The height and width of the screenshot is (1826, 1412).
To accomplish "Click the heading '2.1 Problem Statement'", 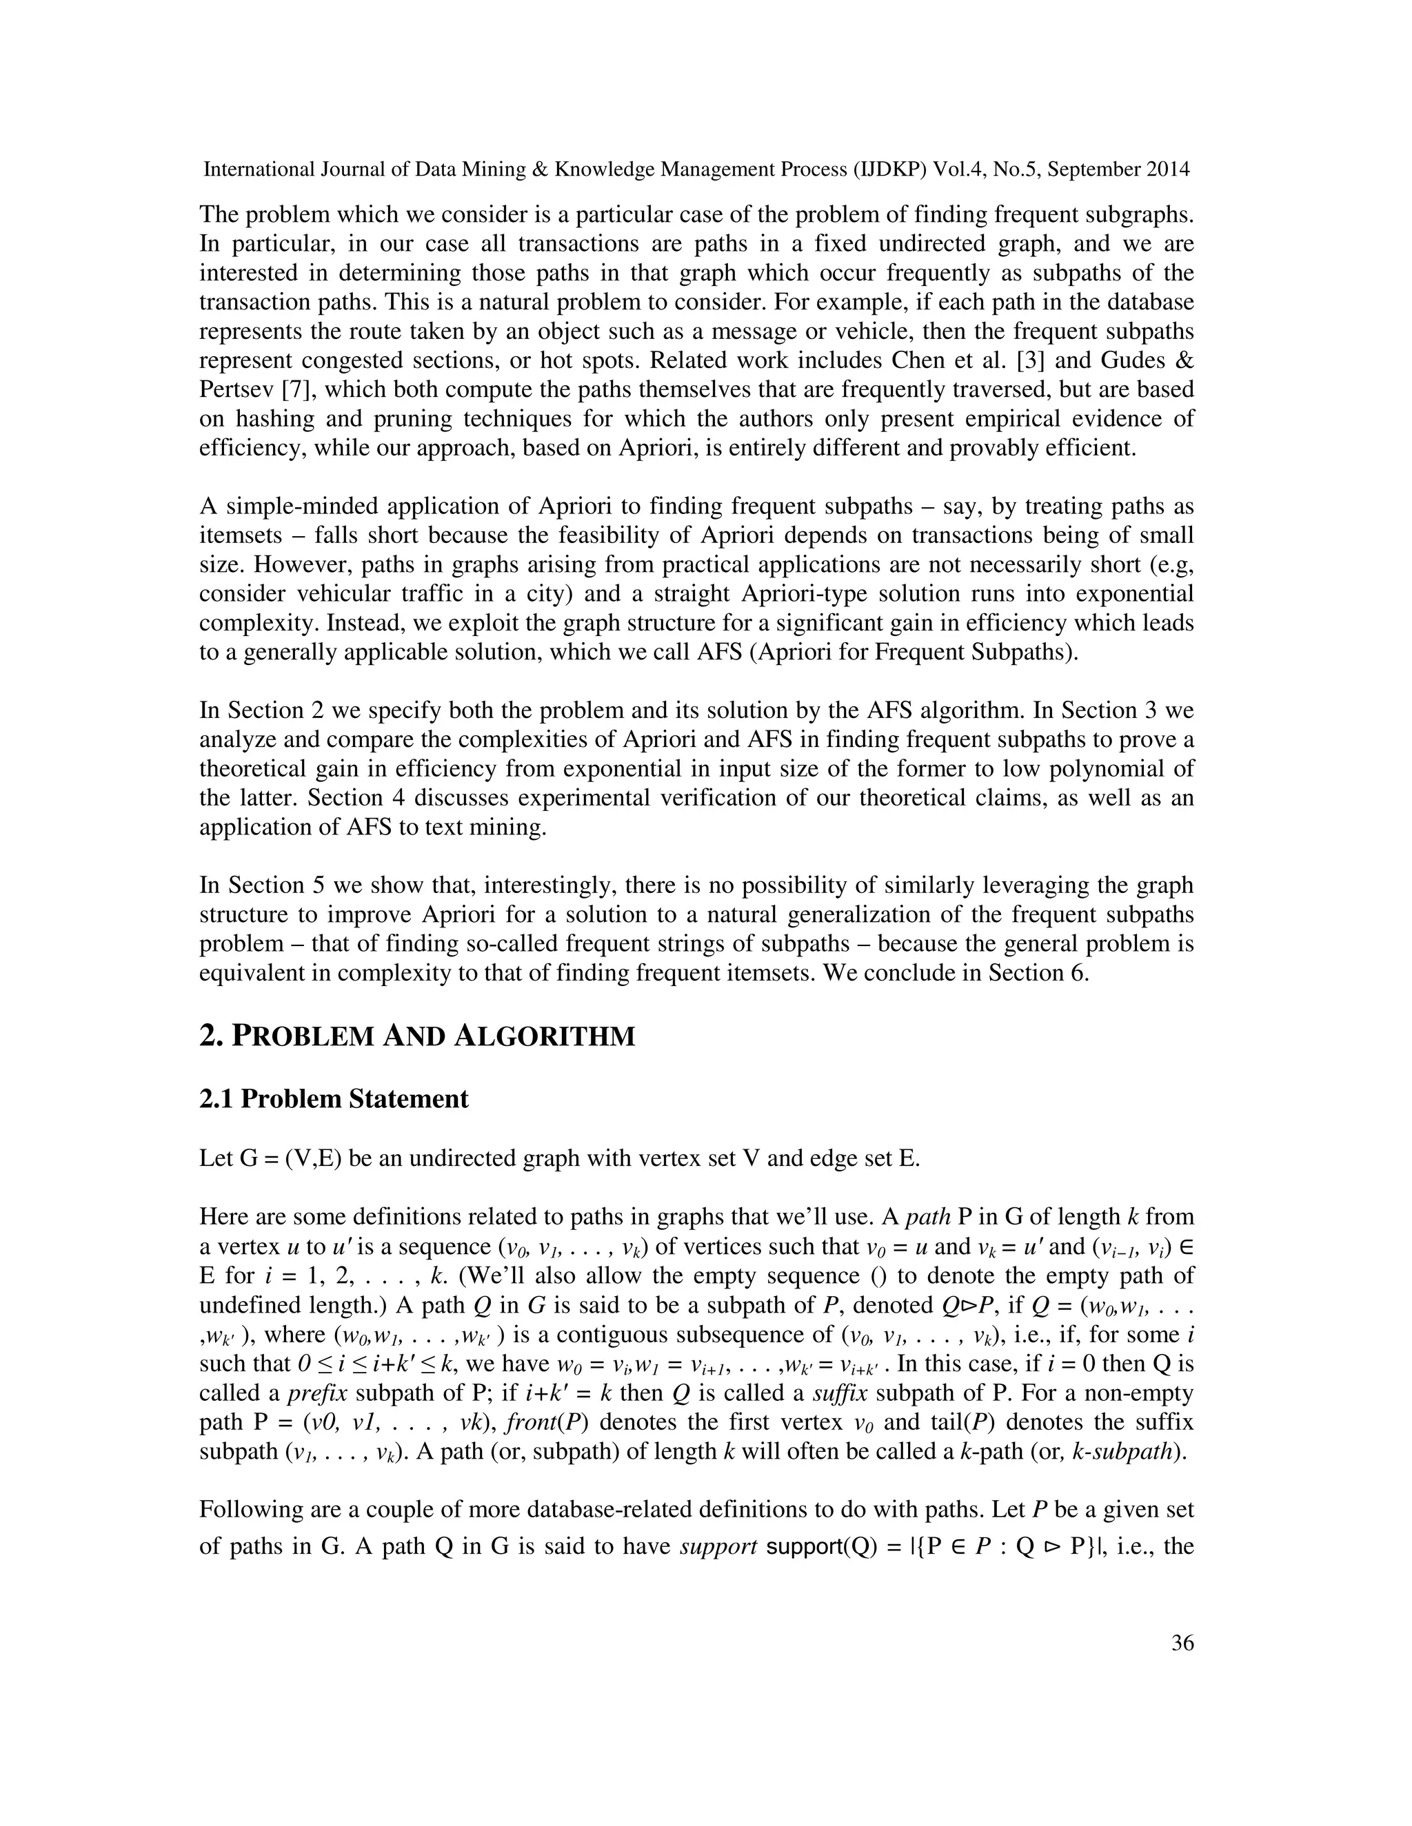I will [334, 1098].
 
